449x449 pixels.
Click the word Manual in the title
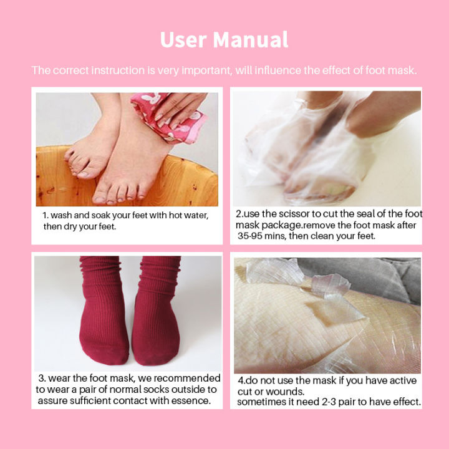click(x=251, y=40)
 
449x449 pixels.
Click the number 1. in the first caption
click(x=46, y=215)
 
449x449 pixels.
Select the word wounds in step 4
click(x=286, y=392)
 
